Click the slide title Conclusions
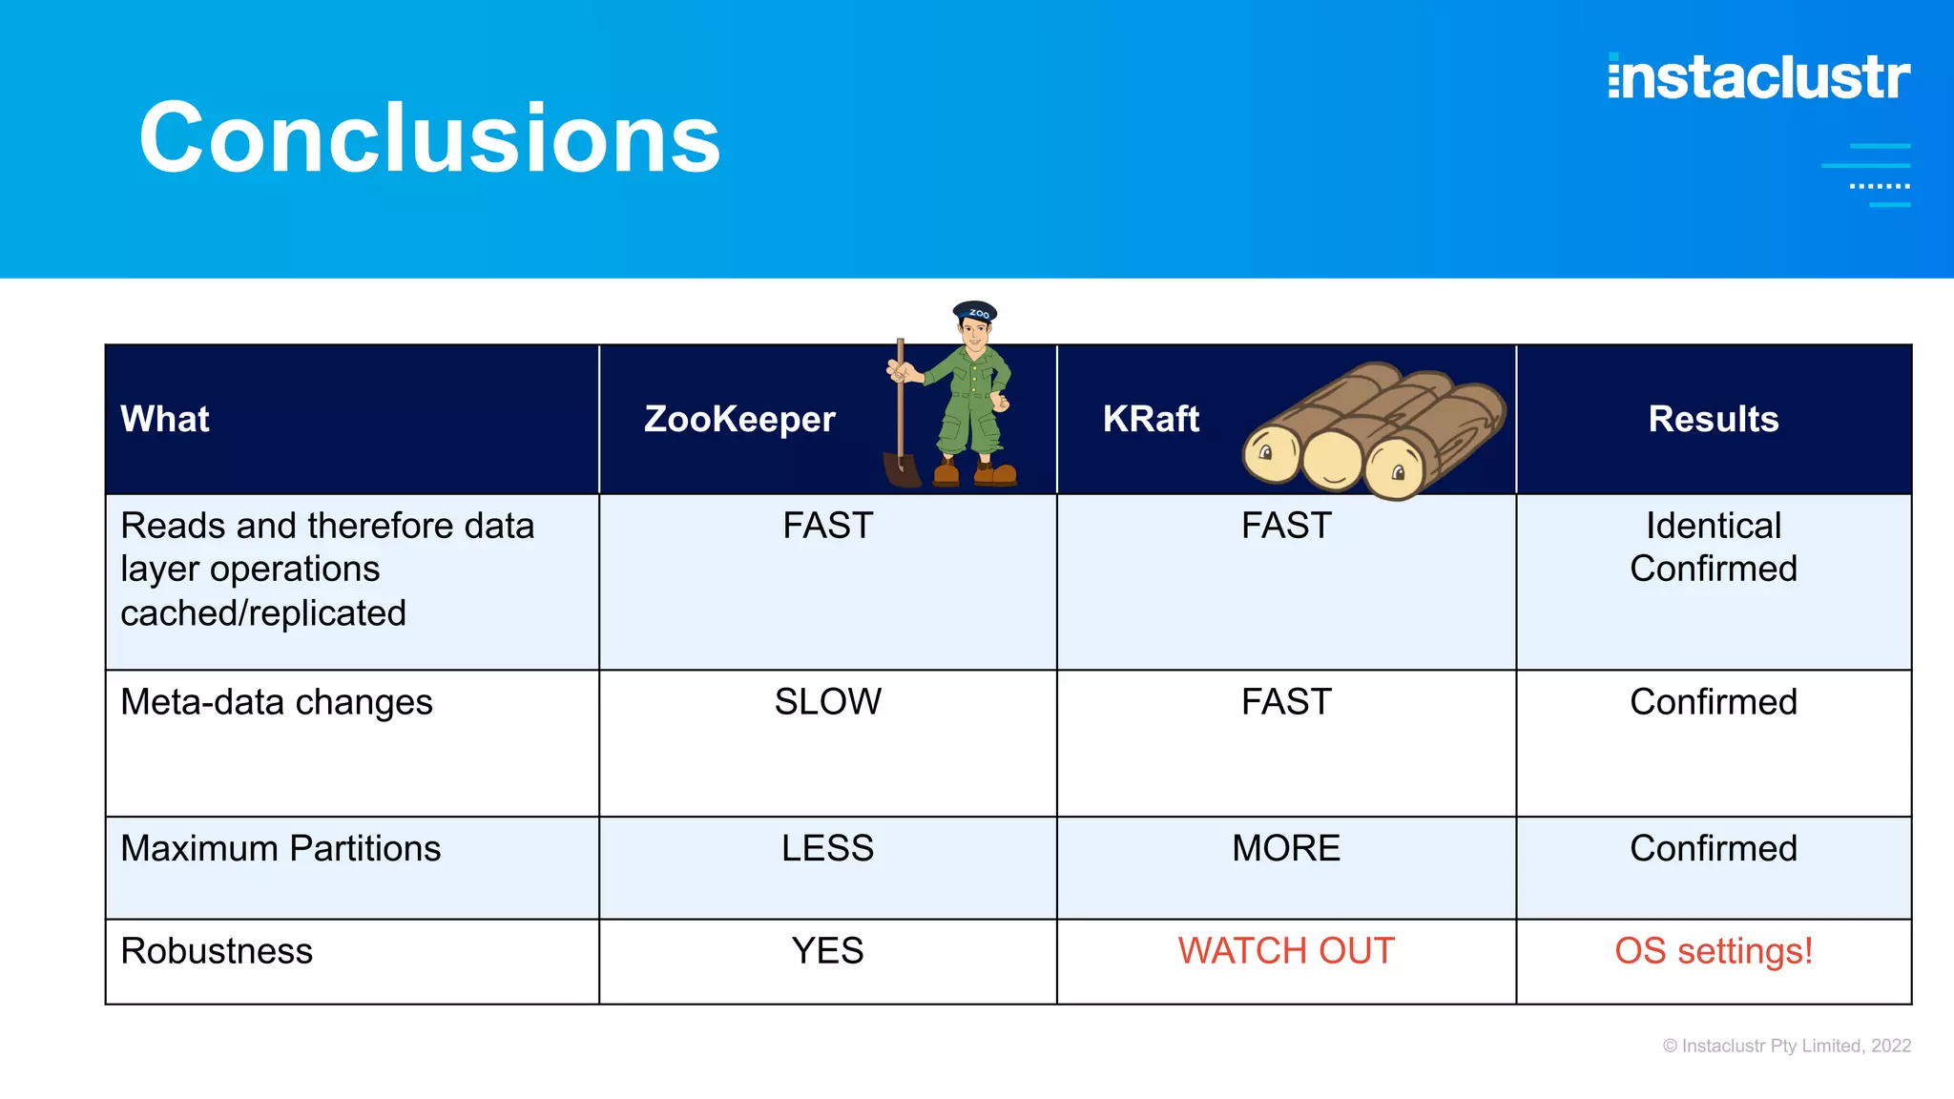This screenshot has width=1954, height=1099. coord(429,139)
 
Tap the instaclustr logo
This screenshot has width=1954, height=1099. coord(1758,78)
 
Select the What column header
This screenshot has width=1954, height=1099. coord(164,420)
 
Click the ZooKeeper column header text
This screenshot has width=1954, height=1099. coord(739,420)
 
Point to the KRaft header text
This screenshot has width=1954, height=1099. coord(1151,420)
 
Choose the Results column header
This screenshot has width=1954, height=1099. coord(1713,420)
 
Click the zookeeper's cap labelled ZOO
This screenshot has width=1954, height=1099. coord(975,312)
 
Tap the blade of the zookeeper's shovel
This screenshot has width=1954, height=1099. coord(902,470)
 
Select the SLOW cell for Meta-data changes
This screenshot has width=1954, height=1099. coord(827,702)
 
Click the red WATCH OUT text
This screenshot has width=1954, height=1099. coord(1285,951)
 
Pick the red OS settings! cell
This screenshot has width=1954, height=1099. coord(1713,951)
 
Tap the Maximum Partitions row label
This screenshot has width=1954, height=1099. coord(281,848)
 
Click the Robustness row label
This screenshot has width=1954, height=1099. coord(217,951)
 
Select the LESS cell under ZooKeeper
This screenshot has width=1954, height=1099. coord(827,848)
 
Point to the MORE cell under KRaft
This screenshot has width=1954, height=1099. coord(1285,848)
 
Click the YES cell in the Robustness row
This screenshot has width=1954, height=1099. coord(827,951)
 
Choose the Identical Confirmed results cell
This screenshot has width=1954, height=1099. coord(1713,548)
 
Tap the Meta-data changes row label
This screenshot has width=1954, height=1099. coord(277,702)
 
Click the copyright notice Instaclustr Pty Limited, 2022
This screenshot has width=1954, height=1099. coord(1786,1046)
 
